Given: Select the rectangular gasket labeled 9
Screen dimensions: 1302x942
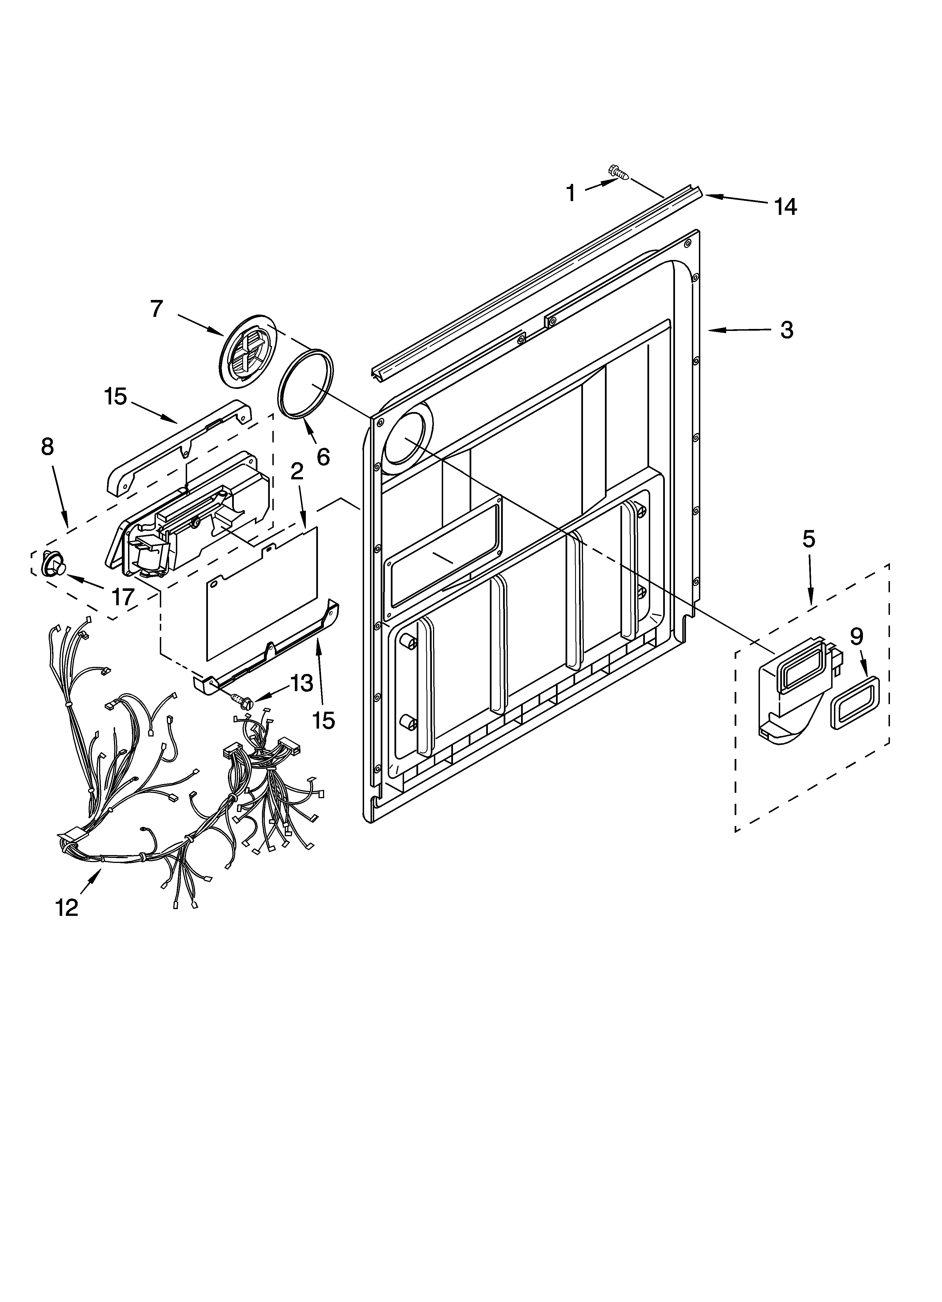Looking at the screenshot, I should click(855, 702).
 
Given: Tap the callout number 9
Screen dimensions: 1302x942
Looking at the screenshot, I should click(856, 637).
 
